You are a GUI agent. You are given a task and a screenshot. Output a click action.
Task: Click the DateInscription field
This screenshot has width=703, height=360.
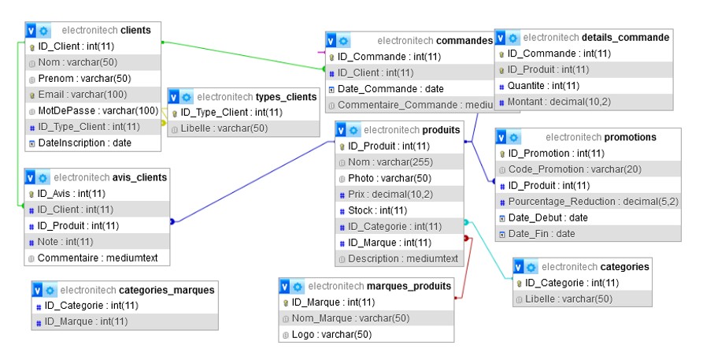(84, 143)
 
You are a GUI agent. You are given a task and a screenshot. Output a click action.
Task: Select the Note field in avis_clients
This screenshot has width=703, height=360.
(65, 241)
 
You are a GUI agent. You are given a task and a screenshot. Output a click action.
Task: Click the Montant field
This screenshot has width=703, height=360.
(559, 102)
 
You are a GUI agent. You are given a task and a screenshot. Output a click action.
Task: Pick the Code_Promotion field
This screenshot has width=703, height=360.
(564, 169)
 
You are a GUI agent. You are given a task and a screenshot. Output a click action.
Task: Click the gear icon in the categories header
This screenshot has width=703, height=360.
(532, 267)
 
